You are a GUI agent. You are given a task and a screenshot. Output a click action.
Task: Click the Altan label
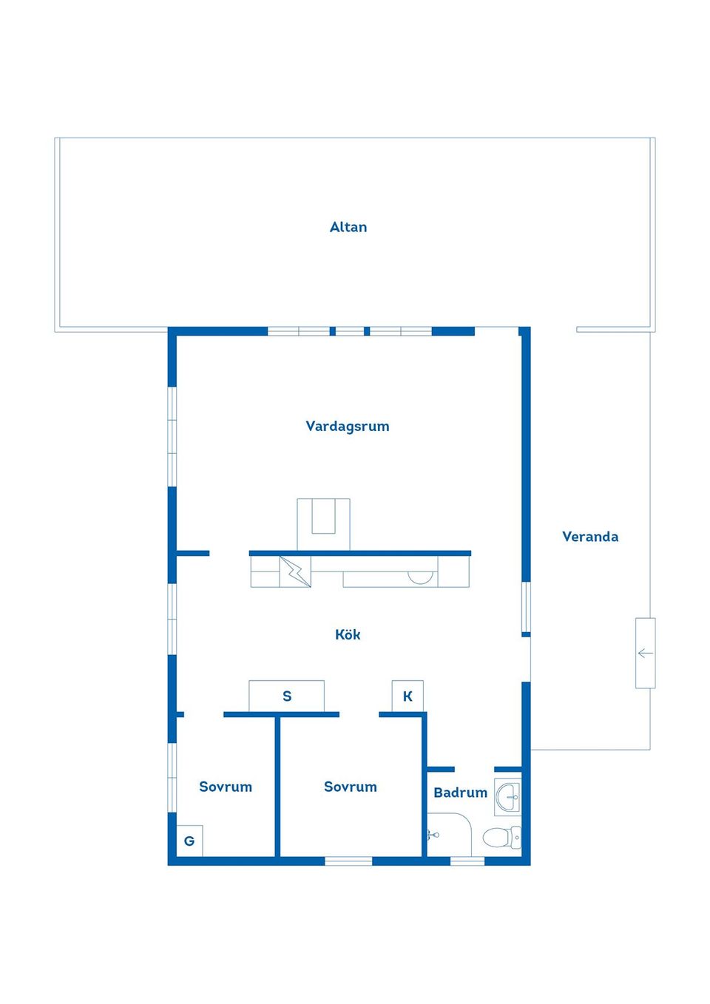pos(348,227)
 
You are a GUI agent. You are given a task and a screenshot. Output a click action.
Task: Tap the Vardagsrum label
pos(348,426)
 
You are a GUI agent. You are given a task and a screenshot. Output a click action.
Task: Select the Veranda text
pos(590,537)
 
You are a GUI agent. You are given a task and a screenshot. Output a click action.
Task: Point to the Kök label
pos(348,634)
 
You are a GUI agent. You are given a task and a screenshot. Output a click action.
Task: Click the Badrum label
pos(460,793)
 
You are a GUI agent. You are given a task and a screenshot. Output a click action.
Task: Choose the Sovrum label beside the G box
pos(226,787)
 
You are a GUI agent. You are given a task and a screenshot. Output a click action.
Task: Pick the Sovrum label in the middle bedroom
pos(351,787)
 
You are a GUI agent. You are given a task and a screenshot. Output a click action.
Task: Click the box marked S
pos(287,696)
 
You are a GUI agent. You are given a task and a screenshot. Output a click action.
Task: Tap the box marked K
pos(408,696)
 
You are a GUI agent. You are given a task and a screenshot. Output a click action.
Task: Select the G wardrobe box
pos(189,841)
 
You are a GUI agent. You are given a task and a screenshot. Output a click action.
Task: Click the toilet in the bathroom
pos(500,838)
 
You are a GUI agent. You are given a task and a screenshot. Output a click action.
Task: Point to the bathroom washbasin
pos(509,797)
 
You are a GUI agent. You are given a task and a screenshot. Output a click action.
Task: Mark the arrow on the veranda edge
pos(645,653)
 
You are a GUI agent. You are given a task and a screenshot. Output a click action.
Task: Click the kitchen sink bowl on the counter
pos(421,577)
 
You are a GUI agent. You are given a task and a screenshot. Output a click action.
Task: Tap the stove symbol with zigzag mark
pos(295,571)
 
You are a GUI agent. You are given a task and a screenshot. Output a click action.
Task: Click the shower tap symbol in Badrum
pos(433,835)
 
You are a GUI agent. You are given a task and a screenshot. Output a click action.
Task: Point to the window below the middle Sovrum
pos(348,861)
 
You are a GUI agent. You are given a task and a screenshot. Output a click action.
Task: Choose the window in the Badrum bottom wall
pos(467,861)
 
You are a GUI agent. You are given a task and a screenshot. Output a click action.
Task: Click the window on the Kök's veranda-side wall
pos(526,606)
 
